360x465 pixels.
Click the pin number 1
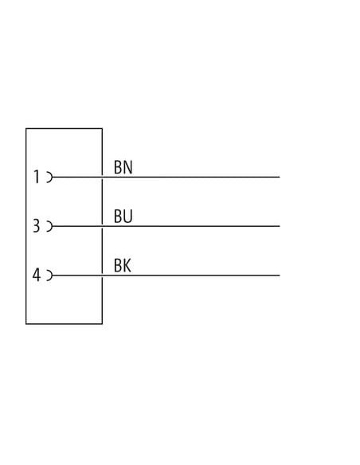pos(37,177)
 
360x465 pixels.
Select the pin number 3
pos(36,225)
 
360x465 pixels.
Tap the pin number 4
pos(36,275)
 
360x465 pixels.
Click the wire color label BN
pos(123,167)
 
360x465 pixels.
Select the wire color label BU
pos(123,217)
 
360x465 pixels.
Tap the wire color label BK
pos(123,266)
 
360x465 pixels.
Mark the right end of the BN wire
pos(280,177)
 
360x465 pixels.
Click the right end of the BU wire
pos(280,226)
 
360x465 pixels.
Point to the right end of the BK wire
pos(280,275)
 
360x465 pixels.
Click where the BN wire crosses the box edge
pos(102,177)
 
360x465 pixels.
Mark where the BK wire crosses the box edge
pos(102,275)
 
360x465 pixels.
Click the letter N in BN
pos(127,167)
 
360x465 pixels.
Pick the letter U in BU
pos(127,217)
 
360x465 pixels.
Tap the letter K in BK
pos(127,266)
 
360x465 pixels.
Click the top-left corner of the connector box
pos(26,128)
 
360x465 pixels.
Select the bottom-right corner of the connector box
pos(102,323)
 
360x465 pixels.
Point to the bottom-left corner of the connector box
pos(26,323)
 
